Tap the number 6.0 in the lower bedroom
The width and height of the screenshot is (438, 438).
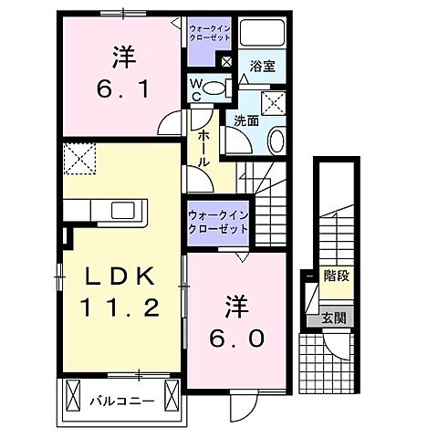click(240, 337)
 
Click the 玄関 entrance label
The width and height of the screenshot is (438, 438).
click(335, 318)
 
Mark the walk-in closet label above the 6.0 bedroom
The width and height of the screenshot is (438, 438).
click(218, 220)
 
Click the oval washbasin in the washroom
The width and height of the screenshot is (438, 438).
click(277, 141)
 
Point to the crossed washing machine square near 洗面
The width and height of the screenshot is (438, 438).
click(274, 101)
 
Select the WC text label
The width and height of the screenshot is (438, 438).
click(196, 88)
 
